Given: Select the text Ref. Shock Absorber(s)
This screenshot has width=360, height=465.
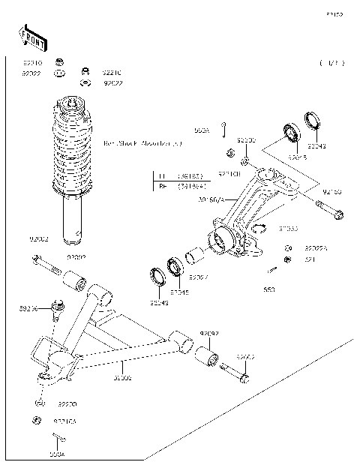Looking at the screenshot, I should pyautogui.click(x=142, y=142).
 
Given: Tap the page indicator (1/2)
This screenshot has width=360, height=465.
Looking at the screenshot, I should pyautogui.click(x=331, y=63).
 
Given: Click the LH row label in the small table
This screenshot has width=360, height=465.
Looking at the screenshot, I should pyautogui.click(x=161, y=177).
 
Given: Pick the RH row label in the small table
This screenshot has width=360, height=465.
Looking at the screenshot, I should pyautogui.click(x=161, y=187).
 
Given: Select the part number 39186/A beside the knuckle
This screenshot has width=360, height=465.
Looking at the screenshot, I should pyautogui.click(x=211, y=199).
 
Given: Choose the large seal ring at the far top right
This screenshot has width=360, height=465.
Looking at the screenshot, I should pyautogui.click(x=313, y=121).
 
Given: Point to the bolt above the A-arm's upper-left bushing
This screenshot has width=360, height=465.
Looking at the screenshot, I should pyautogui.click(x=46, y=264).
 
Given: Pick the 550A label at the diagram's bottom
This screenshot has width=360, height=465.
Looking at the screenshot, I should pyautogui.click(x=58, y=454).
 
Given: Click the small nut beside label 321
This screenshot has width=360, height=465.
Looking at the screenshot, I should pyautogui.click(x=287, y=260).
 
